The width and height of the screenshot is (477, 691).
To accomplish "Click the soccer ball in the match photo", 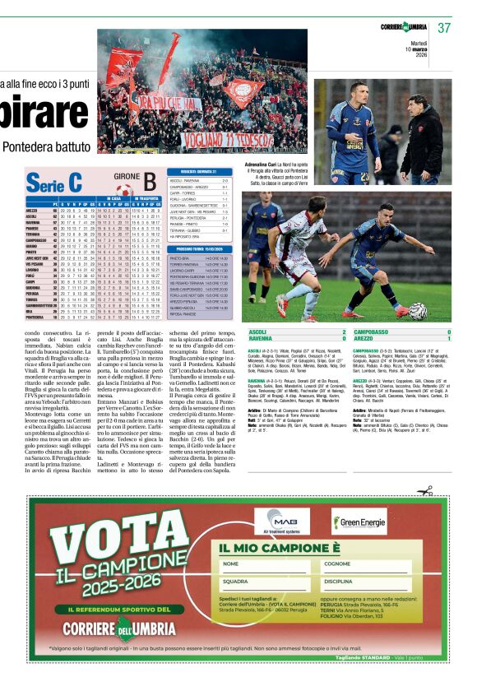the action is click(x=418, y=310).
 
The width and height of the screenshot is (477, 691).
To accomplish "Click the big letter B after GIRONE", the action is click(x=149, y=183).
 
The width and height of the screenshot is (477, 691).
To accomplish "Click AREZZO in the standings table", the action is click(x=34, y=210).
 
